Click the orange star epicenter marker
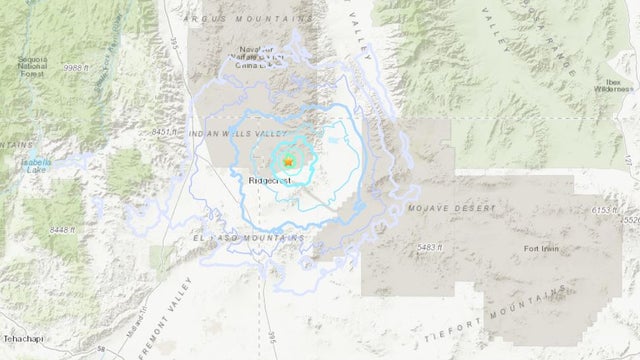coord(288,161)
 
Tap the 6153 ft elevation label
coord(608,209)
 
